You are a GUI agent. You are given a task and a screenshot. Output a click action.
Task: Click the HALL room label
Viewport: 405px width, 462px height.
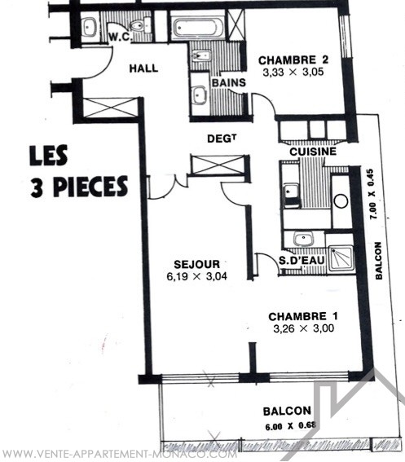143,68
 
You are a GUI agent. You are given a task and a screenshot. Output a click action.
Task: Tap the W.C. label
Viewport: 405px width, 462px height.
119,37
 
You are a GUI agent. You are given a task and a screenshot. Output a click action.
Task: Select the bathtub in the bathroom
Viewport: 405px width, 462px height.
197,28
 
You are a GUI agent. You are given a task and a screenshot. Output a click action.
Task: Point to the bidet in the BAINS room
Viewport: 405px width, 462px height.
201,55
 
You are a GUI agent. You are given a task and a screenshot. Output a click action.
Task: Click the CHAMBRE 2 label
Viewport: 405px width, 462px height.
293,60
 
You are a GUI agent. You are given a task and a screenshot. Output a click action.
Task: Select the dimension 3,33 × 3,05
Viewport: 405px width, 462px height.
293,73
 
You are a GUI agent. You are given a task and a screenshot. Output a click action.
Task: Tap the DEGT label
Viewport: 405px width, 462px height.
222,139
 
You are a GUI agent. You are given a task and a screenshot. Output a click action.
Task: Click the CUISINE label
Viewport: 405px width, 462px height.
313,152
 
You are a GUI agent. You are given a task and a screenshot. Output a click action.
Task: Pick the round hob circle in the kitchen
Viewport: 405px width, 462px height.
341,201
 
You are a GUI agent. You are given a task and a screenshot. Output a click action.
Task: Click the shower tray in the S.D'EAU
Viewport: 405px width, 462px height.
341,258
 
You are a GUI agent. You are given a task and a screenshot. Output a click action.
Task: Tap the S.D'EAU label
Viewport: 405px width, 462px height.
302,260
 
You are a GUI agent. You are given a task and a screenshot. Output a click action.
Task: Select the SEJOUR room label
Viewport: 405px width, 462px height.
197,264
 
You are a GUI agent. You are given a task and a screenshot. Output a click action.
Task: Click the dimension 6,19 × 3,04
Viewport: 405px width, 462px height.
197,276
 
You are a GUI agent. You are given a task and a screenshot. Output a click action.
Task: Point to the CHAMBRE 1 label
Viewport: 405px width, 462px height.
303,316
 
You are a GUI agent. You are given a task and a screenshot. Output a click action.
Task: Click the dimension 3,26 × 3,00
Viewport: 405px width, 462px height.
304,328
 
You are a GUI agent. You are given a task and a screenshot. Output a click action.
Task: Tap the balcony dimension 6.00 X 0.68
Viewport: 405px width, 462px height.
291,426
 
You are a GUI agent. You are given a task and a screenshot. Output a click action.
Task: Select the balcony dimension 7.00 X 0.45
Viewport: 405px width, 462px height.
372,194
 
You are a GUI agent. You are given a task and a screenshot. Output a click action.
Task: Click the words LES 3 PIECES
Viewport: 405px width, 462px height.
78,171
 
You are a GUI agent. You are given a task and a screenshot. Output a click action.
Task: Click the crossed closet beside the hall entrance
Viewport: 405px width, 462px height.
111,108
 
